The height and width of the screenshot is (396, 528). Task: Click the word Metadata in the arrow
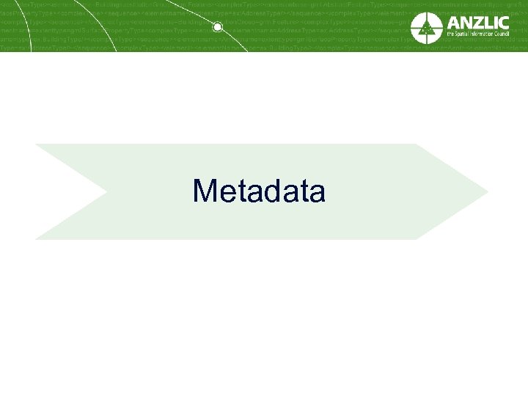(258, 191)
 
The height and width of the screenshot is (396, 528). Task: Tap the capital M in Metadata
(205, 191)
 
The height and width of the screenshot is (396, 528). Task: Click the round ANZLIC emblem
(426, 28)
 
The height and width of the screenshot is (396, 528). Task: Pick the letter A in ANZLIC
(454, 22)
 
